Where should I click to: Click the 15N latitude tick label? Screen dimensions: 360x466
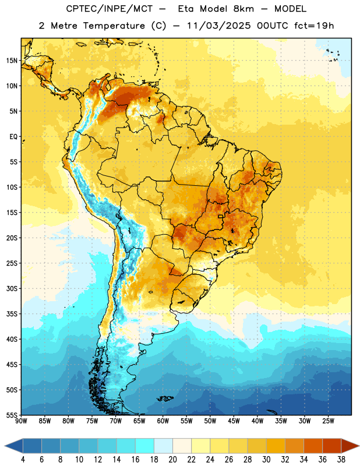pyautogui.click(x=12, y=61)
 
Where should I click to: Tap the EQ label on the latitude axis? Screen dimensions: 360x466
pyautogui.click(x=13, y=137)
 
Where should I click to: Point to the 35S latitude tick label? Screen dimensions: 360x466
pyautogui.click(x=12, y=314)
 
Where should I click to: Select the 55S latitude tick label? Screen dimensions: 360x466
pyautogui.click(x=12, y=415)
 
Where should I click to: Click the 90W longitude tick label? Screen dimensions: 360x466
pyautogui.click(x=21, y=421)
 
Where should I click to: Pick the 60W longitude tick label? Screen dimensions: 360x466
pyautogui.click(x=163, y=421)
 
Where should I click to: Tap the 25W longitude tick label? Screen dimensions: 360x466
pyautogui.click(x=328, y=421)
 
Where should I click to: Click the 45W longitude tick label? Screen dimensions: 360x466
pyautogui.click(x=234, y=421)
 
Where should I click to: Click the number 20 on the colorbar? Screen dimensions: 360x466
pyautogui.click(x=172, y=460)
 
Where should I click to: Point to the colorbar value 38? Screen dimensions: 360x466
pyautogui.click(x=341, y=460)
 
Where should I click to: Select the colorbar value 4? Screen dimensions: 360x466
pyautogui.click(x=23, y=460)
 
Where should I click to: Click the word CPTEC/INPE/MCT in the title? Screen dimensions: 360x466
pyautogui.click(x=110, y=9)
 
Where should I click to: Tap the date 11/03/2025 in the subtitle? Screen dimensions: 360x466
pyautogui.click(x=219, y=26)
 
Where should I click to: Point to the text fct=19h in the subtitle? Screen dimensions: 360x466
pyautogui.click(x=314, y=26)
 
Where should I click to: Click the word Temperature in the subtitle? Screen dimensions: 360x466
pyautogui.click(x=114, y=26)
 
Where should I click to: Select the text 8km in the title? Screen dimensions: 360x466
pyautogui.click(x=243, y=9)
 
